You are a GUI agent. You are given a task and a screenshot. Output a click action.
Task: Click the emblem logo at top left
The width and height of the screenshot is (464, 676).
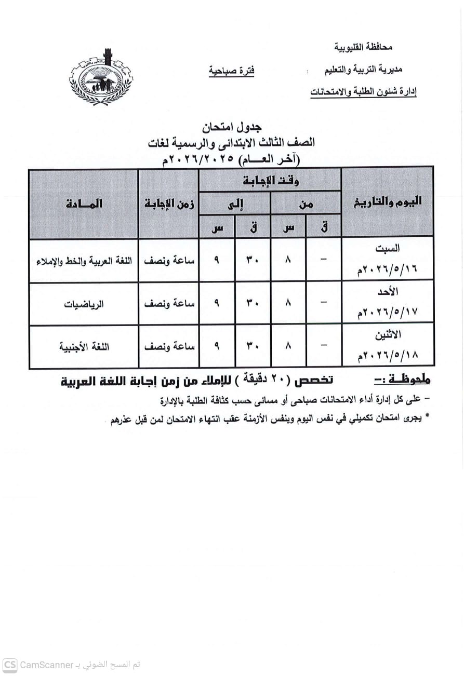[x=101, y=78]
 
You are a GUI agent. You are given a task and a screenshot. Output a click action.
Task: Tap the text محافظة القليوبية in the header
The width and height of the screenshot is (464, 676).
[x=363, y=47]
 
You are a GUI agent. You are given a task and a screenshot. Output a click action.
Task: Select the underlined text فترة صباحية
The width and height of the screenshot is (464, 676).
[x=232, y=70]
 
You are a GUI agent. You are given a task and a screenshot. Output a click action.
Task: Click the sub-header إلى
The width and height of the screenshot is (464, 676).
[x=235, y=204]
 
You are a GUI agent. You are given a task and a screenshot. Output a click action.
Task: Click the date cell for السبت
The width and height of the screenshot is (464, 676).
[x=388, y=260]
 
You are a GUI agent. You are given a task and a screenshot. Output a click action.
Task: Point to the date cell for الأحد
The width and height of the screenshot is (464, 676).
[x=388, y=303]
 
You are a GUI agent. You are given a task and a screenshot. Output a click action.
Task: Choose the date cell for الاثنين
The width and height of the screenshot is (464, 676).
[x=388, y=346]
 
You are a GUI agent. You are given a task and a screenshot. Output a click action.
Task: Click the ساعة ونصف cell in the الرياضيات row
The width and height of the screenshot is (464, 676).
[x=169, y=304]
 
